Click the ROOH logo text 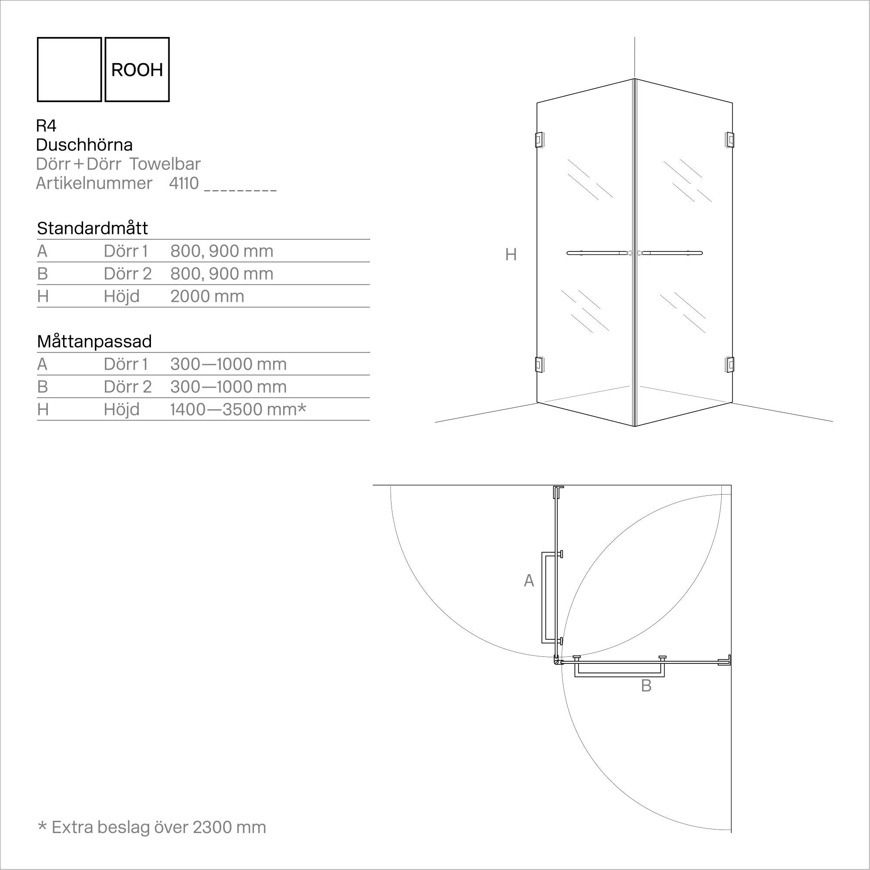pyautogui.click(x=137, y=70)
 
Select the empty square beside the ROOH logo pyautogui.click(x=69, y=69)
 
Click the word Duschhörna pyautogui.click(x=84, y=144)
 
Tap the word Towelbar pyautogui.click(x=165, y=164)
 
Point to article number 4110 pyautogui.click(x=184, y=183)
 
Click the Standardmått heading pyautogui.click(x=92, y=228)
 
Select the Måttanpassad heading pyautogui.click(x=94, y=341)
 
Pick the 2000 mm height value pyautogui.click(x=207, y=296)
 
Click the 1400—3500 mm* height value pyautogui.click(x=238, y=409)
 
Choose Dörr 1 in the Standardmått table pyautogui.click(x=126, y=251)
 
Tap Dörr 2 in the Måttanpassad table pyautogui.click(x=127, y=387)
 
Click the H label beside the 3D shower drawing pyautogui.click(x=511, y=255)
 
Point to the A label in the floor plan pyautogui.click(x=529, y=581)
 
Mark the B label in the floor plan pyautogui.click(x=646, y=686)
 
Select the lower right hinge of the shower pyautogui.click(x=729, y=365)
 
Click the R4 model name pyautogui.click(x=46, y=126)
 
